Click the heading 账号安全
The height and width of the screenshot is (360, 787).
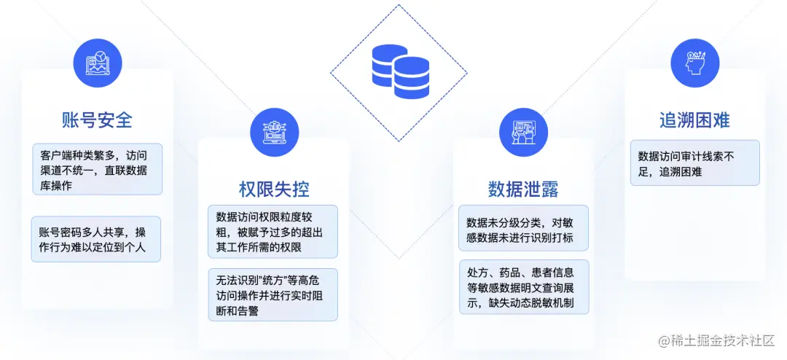point(97,120)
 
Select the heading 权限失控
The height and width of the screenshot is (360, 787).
point(274,189)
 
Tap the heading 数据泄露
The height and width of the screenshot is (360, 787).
point(523,189)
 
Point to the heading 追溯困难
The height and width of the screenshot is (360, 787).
point(694,120)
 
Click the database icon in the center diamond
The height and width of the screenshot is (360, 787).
point(399,72)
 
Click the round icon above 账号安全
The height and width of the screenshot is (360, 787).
point(98,63)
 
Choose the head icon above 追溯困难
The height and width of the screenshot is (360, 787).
point(694,63)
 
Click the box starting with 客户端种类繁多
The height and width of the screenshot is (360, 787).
point(97,169)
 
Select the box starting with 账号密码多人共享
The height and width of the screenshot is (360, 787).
point(97,240)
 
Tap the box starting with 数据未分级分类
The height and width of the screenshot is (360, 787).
point(523,228)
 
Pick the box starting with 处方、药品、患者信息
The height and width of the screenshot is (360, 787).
point(523,287)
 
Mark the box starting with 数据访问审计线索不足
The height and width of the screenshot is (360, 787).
point(694,163)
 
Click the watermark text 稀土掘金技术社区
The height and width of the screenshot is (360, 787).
point(722,341)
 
